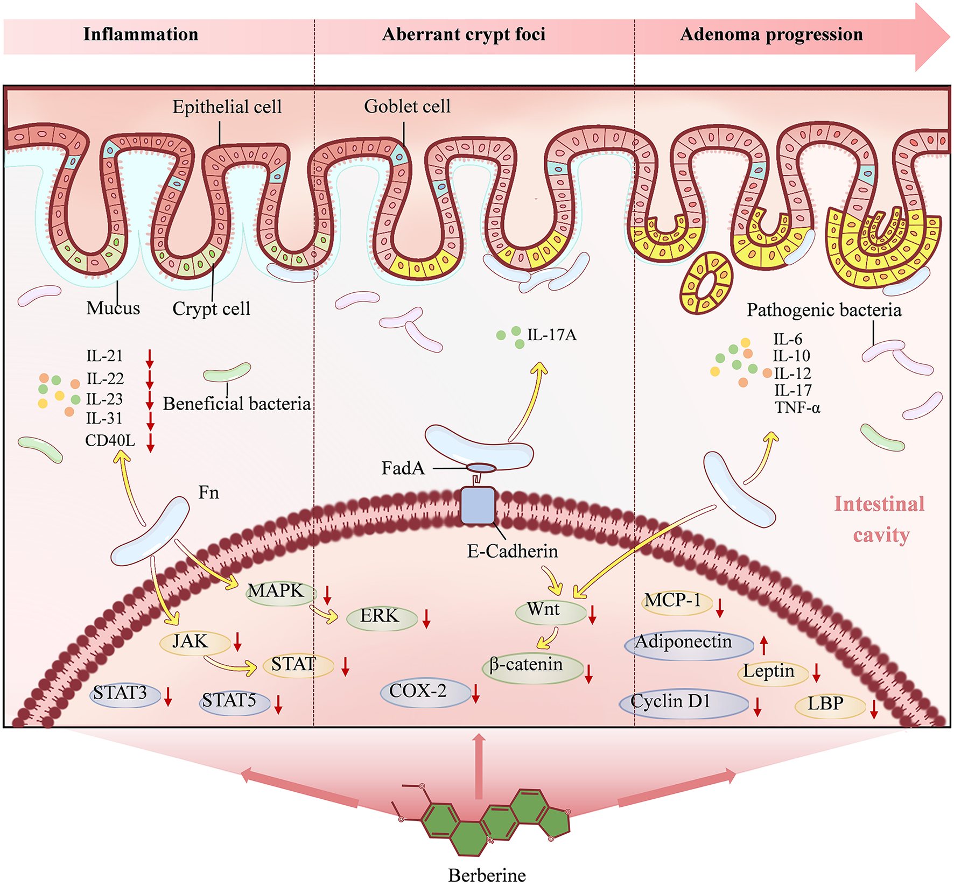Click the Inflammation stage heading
(141, 34)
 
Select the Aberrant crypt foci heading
(464, 34)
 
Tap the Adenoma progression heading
(771, 34)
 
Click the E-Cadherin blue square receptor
(478, 505)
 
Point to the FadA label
(403, 468)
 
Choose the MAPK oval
(276, 592)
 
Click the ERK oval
(381, 617)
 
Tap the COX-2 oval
(424, 692)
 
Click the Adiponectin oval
(688, 643)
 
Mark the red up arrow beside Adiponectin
(763, 645)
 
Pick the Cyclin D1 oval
(683, 702)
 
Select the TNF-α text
(797, 408)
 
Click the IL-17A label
(551, 335)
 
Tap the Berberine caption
(487, 875)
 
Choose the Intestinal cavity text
(880, 519)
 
